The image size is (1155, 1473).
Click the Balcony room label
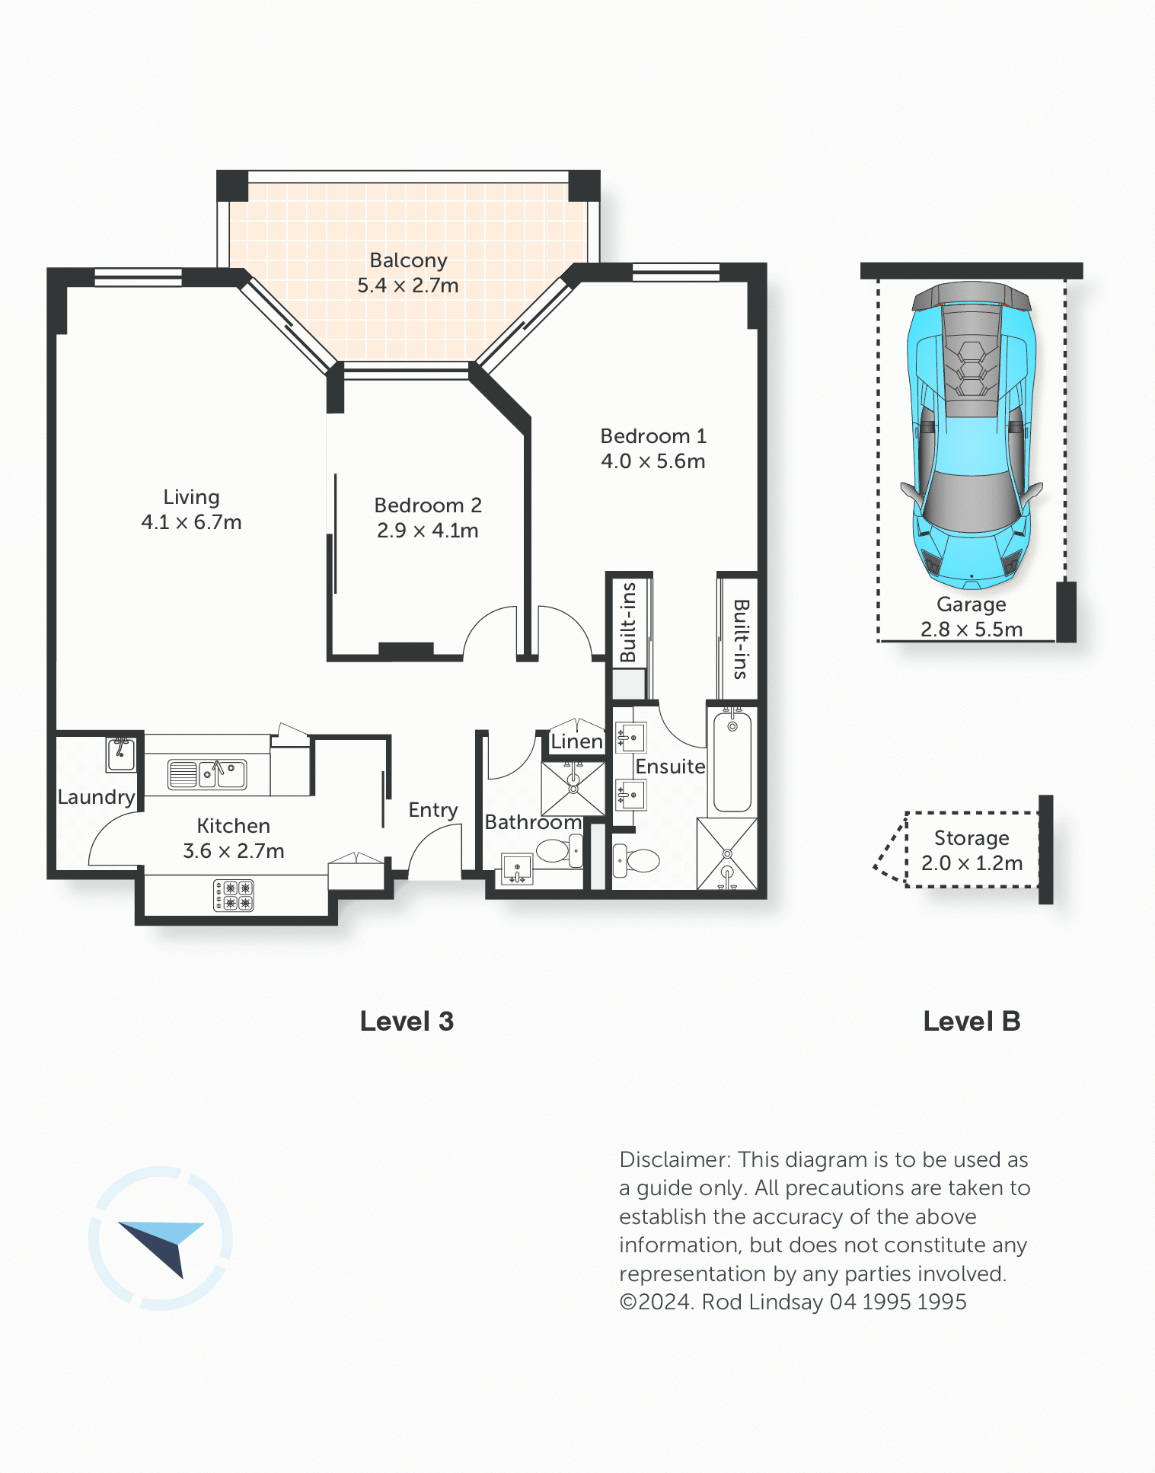click(x=408, y=260)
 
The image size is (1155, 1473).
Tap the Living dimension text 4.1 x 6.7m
click(x=191, y=522)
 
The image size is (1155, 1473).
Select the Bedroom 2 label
click(x=428, y=505)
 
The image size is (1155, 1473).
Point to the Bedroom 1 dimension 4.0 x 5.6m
click(x=653, y=461)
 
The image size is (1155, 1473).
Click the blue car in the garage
click(x=972, y=435)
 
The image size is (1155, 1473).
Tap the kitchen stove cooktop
click(x=234, y=895)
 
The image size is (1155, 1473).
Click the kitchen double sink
click(x=206, y=774)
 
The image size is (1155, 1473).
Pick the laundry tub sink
click(x=121, y=754)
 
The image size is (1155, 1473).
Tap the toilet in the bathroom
click(x=560, y=851)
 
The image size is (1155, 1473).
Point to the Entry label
click(x=433, y=811)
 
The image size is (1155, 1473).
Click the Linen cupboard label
click(x=576, y=741)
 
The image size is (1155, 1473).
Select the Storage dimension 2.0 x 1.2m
click(x=972, y=863)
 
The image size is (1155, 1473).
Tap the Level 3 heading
click(x=407, y=1022)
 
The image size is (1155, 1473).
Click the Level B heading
click(x=972, y=1022)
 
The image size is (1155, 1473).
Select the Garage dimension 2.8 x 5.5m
click(x=972, y=630)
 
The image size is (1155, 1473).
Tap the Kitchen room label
click(x=233, y=826)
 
